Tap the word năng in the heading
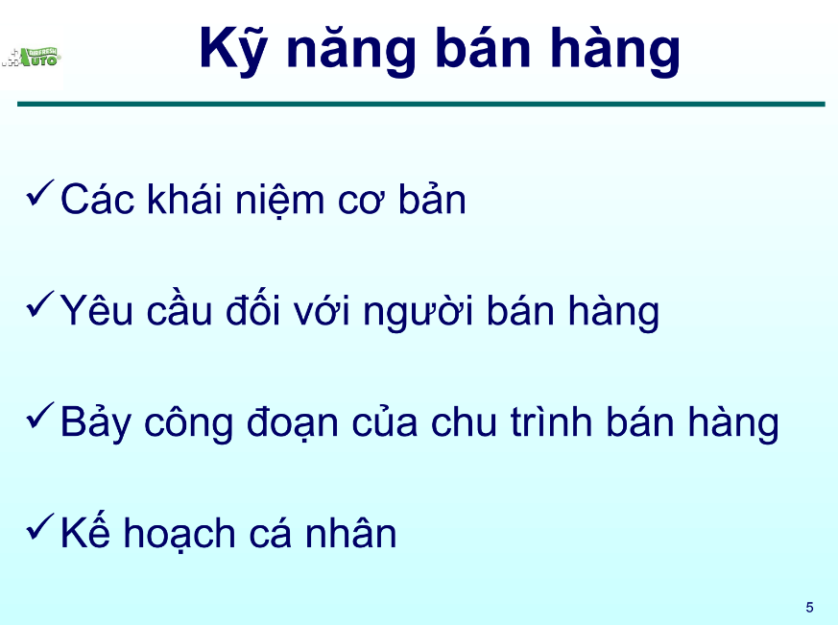pyautogui.click(x=347, y=50)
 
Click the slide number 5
pyautogui.click(x=809, y=607)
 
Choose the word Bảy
pyautogui.click(x=95, y=423)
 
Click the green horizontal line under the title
pyautogui.click(x=420, y=104)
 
